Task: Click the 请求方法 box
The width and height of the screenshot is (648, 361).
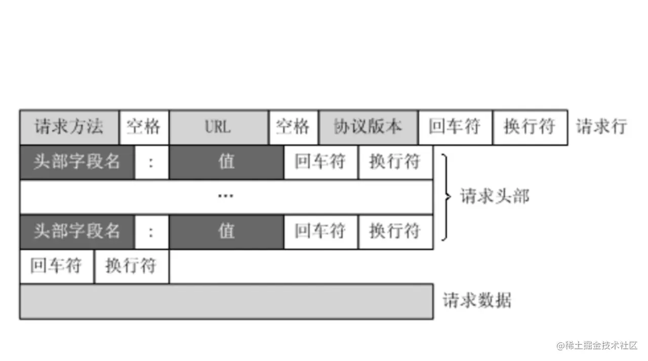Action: [69, 127]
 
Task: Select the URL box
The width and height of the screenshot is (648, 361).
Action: [218, 127]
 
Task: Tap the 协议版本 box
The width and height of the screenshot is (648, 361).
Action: [368, 127]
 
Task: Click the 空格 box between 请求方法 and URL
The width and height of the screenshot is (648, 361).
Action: [144, 127]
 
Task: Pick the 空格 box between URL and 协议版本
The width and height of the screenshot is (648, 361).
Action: [293, 127]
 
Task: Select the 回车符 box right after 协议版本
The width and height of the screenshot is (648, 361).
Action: [455, 127]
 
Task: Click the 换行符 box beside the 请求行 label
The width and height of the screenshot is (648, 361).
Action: [530, 127]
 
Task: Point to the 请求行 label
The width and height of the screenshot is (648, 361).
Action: [601, 127]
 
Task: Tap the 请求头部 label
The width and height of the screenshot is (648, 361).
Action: [495, 196]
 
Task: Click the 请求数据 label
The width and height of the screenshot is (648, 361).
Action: [477, 301]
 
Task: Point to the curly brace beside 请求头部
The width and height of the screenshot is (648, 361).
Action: [445, 196]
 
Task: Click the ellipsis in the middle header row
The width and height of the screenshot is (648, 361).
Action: [226, 196]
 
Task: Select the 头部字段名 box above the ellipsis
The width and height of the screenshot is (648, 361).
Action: [77, 162]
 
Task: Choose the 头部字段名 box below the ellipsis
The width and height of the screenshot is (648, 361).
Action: [77, 231]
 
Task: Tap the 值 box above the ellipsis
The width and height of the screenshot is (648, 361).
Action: [226, 162]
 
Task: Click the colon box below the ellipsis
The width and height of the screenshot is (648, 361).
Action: [151, 231]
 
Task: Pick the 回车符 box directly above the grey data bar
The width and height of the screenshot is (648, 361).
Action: [57, 266]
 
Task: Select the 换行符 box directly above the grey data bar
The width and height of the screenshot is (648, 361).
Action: [131, 266]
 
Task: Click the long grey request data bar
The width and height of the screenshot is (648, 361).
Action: [226, 301]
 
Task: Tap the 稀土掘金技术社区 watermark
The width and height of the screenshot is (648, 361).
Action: [597, 346]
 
